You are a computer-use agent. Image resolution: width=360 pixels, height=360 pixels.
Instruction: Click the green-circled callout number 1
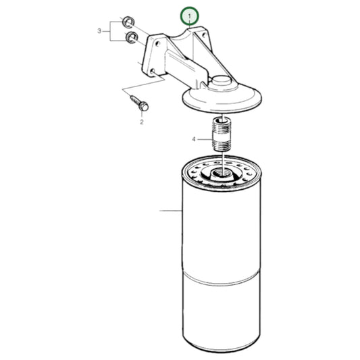[x=190, y=15]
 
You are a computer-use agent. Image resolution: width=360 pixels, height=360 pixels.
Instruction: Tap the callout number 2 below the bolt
[x=142, y=122]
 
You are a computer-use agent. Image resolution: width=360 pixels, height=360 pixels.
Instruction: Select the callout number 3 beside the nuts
[x=99, y=30]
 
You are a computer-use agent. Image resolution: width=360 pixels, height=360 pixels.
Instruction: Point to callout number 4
[x=193, y=140]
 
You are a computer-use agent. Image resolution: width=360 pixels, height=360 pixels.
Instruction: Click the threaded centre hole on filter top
[x=220, y=176]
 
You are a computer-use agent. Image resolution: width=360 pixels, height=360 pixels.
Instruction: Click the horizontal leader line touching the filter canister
[x=170, y=211]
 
